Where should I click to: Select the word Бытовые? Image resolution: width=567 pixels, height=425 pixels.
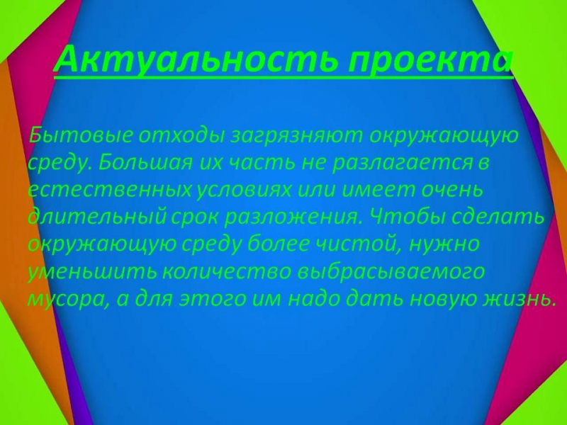(81, 135)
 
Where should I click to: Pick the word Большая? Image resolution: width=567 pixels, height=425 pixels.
(145, 162)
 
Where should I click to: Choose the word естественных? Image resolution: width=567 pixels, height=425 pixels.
(109, 190)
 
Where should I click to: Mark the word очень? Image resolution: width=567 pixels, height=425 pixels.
(452, 189)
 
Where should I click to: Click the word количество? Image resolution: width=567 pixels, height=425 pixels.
(227, 272)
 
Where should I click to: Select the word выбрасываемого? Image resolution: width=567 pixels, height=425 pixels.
(391, 272)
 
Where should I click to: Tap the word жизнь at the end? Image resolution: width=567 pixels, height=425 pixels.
(520, 298)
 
